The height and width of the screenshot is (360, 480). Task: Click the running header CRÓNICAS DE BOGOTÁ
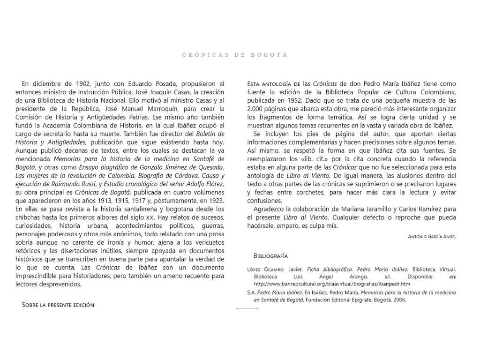tap(234, 55)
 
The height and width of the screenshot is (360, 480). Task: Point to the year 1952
tap(297, 100)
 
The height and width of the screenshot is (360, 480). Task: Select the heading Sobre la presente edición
tap(58, 305)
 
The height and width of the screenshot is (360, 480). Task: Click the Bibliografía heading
tap(270, 256)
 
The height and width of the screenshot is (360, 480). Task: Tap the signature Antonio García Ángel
tap(432, 237)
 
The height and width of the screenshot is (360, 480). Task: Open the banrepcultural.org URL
tap(332, 284)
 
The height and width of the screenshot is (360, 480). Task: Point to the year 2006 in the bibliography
tap(399, 300)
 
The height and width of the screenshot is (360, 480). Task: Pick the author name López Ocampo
tap(264, 270)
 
